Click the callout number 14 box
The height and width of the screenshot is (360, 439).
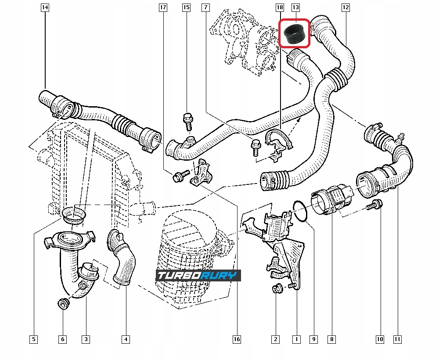click(45, 7)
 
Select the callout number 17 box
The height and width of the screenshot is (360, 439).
click(163, 7)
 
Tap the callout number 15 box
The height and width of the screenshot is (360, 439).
click(186, 7)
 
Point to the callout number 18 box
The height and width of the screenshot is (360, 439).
click(280, 7)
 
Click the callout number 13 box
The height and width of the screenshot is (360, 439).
click(295, 7)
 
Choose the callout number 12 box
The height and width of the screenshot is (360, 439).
click(345, 7)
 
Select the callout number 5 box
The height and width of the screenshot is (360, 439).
click(33, 339)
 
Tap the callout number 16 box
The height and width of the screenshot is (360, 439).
click(237, 339)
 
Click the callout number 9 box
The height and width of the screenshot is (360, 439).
click(313, 339)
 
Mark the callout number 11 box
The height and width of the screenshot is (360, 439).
click(397, 339)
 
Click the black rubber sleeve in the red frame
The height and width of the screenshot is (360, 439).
click(295, 33)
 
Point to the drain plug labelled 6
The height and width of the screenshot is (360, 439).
click(63, 303)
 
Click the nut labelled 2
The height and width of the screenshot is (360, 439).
click(277, 288)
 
